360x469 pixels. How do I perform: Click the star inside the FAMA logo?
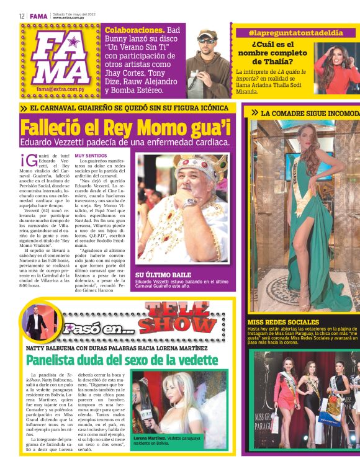[x=73, y=43]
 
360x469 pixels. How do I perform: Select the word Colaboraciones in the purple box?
[x=130, y=30]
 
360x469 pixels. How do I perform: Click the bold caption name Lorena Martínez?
[x=149, y=438]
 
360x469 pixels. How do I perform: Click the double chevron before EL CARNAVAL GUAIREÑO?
[x=23, y=108]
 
